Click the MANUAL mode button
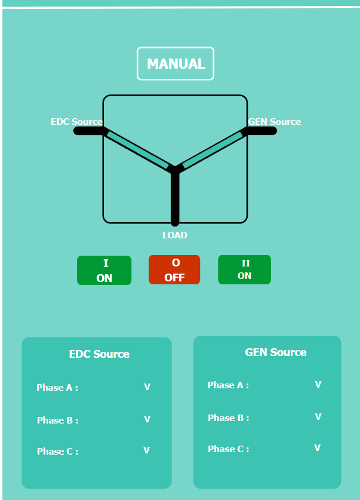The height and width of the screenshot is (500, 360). point(176,64)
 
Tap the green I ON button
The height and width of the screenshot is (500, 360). point(104,271)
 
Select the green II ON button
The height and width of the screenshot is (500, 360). point(244,269)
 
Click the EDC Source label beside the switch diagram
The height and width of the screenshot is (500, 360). point(76,122)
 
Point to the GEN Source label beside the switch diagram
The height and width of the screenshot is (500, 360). point(275,122)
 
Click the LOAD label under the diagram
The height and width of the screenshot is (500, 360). point(175,235)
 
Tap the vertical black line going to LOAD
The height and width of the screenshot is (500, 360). point(175,197)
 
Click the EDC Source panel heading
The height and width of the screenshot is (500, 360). point(99,354)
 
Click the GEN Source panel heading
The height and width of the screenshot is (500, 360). point(275,352)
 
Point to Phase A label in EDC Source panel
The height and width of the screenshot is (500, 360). point(57,388)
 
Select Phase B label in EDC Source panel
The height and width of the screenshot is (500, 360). point(57,421)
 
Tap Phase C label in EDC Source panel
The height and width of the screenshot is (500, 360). point(57,452)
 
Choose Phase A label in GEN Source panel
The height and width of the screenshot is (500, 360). point(228,385)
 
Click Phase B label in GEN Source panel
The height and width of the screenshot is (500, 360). point(228,418)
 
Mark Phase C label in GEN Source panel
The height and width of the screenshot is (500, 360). point(228,449)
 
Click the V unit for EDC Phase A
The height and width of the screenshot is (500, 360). point(147,387)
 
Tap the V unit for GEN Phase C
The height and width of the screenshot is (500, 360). point(318,448)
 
